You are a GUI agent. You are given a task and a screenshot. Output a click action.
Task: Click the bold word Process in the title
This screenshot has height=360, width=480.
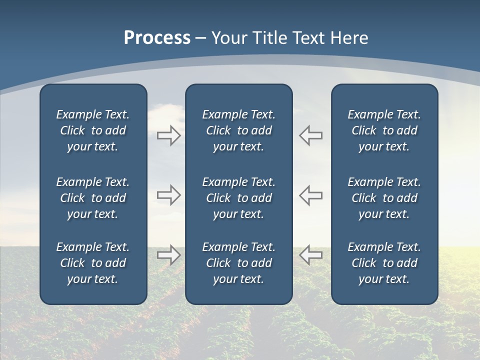click(x=157, y=38)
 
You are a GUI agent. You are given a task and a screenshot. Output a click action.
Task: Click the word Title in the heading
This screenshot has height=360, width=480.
click(x=271, y=38)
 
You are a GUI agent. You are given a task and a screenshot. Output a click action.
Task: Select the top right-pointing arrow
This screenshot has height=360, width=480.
click(x=168, y=135)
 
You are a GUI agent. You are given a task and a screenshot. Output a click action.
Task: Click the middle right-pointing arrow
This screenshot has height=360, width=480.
click(x=168, y=195)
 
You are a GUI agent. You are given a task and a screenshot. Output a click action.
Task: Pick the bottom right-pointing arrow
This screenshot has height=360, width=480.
click(x=168, y=255)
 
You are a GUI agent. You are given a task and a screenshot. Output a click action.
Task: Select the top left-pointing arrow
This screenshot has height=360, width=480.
click(x=311, y=135)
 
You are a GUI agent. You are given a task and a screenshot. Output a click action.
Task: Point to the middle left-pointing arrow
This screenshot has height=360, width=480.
click(x=311, y=195)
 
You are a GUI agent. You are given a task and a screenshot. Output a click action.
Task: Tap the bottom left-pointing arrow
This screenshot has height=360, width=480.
click(x=311, y=255)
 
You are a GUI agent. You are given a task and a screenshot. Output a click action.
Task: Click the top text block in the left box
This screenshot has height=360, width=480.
click(x=93, y=130)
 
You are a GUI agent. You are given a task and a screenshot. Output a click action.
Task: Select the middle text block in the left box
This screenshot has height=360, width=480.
click(x=93, y=198)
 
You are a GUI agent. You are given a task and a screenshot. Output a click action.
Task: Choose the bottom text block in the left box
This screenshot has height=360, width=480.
click(x=93, y=263)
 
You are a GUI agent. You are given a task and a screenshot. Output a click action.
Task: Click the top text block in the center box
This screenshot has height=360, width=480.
click(x=238, y=130)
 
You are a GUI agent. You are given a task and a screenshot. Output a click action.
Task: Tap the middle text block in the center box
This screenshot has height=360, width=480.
click(x=238, y=198)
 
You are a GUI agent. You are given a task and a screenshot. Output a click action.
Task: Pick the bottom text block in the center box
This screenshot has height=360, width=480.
click(x=238, y=263)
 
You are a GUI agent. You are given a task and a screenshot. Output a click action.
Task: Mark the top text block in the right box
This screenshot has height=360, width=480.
click(x=384, y=130)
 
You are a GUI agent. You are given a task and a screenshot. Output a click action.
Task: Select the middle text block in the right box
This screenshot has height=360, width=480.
click(x=384, y=198)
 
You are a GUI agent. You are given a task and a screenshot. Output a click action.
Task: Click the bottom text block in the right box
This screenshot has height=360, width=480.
click(x=384, y=263)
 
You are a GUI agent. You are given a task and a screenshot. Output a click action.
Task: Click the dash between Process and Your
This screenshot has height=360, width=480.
click(x=200, y=39)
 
